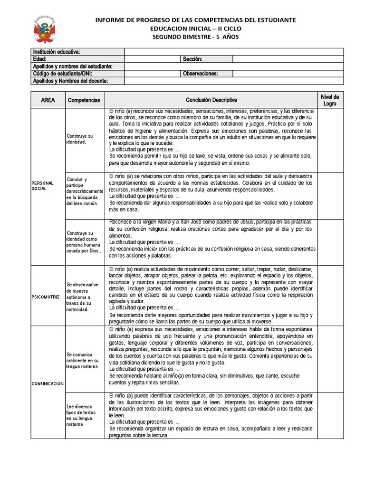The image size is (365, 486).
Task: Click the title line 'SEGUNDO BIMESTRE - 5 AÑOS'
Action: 196,37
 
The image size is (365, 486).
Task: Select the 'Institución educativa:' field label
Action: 56,52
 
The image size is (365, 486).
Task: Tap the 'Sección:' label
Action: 192,59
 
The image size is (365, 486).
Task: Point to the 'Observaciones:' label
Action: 200,74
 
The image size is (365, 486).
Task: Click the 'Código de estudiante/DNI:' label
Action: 62,74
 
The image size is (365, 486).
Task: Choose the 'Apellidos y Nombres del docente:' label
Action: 70,81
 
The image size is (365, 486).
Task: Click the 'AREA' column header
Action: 48,100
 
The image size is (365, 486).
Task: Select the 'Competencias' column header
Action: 84,100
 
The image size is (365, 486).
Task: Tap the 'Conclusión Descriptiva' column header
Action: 211,100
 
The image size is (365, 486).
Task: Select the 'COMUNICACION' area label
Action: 48,383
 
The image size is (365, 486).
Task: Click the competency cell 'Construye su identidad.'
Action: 80,139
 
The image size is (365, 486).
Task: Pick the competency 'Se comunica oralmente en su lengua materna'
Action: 83,360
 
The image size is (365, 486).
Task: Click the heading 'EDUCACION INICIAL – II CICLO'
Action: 196,28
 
